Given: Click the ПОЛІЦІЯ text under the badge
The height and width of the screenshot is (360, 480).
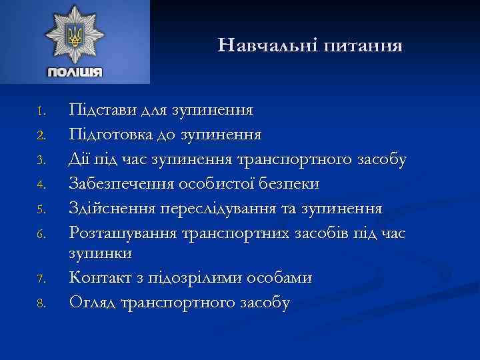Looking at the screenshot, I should click(x=75, y=72).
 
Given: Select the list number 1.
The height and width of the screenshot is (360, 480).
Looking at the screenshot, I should click(x=41, y=109).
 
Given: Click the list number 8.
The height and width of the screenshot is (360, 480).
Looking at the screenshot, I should click(x=41, y=305).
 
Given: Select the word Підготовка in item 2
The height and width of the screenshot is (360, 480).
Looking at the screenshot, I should click(x=111, y=134).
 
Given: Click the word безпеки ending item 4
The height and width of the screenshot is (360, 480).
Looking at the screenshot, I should click(x=296, y=183).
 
